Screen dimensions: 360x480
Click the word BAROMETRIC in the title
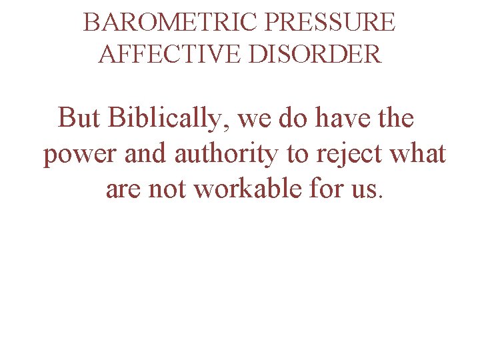point(171,23)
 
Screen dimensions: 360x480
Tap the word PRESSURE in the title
point(330,23)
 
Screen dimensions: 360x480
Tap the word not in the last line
point(169,189)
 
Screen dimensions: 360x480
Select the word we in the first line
point(254,119)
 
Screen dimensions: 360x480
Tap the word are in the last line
point(123,189)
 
